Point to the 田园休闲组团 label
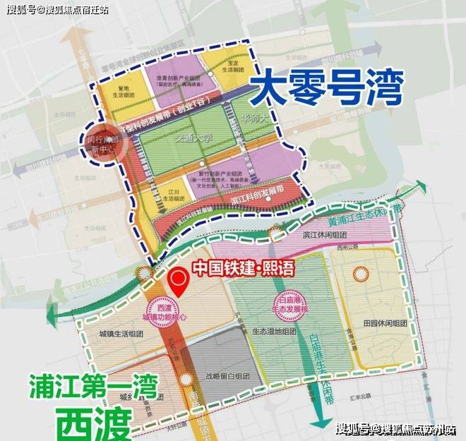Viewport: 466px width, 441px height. click(x=384, y=322)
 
